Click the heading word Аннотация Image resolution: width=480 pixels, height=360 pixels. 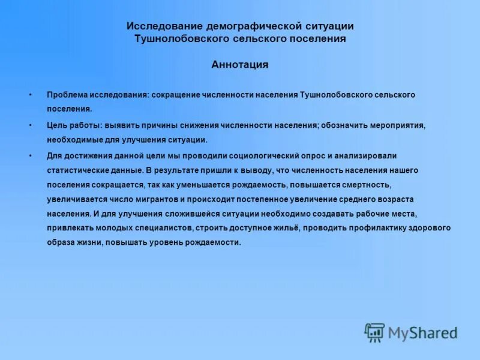(x=239, y=65)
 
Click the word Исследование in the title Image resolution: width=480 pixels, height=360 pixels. (x=164, y=26)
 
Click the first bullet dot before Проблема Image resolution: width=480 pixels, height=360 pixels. (x=30, y=95)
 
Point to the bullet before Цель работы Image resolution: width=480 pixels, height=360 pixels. (x=30, y=126)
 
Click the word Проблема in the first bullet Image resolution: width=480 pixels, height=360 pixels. (x=67, y=95)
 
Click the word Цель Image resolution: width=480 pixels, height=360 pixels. (x=57, y=126)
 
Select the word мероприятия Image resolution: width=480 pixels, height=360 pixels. (x=397, y=126)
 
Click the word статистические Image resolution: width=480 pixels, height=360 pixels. (x=76, y=170)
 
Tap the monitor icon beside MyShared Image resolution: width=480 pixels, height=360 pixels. (x=374, y=332)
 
